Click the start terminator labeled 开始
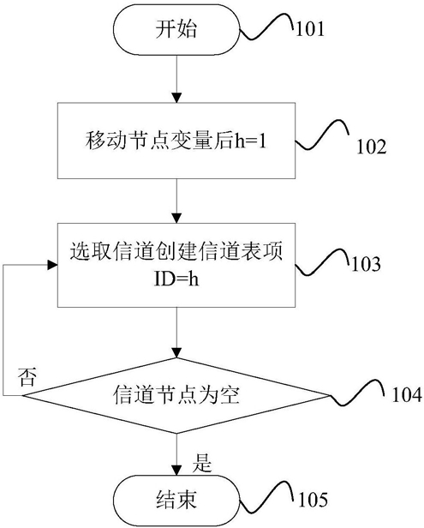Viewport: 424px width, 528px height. (176, 30)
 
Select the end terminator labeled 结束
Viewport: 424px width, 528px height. (176, 499)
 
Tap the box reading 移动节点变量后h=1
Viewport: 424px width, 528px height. (176, 141)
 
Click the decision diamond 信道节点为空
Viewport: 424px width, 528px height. (176, 396)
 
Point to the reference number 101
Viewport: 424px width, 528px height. (310, 29)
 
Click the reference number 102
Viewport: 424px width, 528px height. (372, 147)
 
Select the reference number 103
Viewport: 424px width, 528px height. (366, 264)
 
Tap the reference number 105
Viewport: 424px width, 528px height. (313, 499)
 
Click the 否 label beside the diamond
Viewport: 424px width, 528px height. (27, 377)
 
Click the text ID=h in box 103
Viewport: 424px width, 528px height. (176, 279)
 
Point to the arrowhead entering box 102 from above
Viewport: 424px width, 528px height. (176, 98)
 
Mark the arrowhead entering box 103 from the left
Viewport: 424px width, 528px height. (52, 265)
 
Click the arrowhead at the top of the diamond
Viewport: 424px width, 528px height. (176, 352)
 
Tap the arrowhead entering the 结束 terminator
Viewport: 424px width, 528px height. (176, 470)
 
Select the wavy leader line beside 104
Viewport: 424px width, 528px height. (357, 393)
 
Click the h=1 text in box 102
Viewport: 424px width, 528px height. (250, 141)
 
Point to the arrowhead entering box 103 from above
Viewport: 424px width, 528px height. (176, 218)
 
